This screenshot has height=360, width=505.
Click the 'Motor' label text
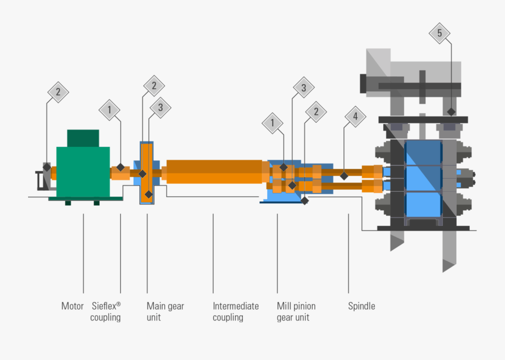(x=72, y=306)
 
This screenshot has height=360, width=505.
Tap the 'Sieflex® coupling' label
(x=105, y=312)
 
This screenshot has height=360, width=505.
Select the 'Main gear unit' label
(x=165, y=312)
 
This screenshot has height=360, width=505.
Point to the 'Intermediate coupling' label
(x=236, y=312)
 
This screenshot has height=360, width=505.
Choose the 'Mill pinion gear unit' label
(x=296, y=312)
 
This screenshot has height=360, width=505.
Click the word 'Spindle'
(x=361, y=306)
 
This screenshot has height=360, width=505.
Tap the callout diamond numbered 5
(x=439, y=33)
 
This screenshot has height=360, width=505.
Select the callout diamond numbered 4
(x=355, y=117)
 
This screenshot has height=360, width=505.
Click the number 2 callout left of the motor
(x=58, y=92)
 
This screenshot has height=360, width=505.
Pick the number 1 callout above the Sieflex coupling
(x=110, y=110)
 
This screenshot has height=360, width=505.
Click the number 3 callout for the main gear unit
(x=160, y=108)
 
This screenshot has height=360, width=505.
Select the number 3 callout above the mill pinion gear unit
(x=304, y=87)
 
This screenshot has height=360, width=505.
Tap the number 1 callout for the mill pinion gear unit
(x=273, y=122)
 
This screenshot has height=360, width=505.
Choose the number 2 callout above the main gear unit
(x=154, y=86)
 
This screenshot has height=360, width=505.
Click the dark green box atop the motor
(x=83, y=138)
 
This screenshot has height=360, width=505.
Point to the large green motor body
(x=83, y=171)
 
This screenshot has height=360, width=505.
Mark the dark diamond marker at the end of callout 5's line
(x=450, y=112)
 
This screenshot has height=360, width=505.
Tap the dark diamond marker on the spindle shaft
(x=344, y=176)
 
